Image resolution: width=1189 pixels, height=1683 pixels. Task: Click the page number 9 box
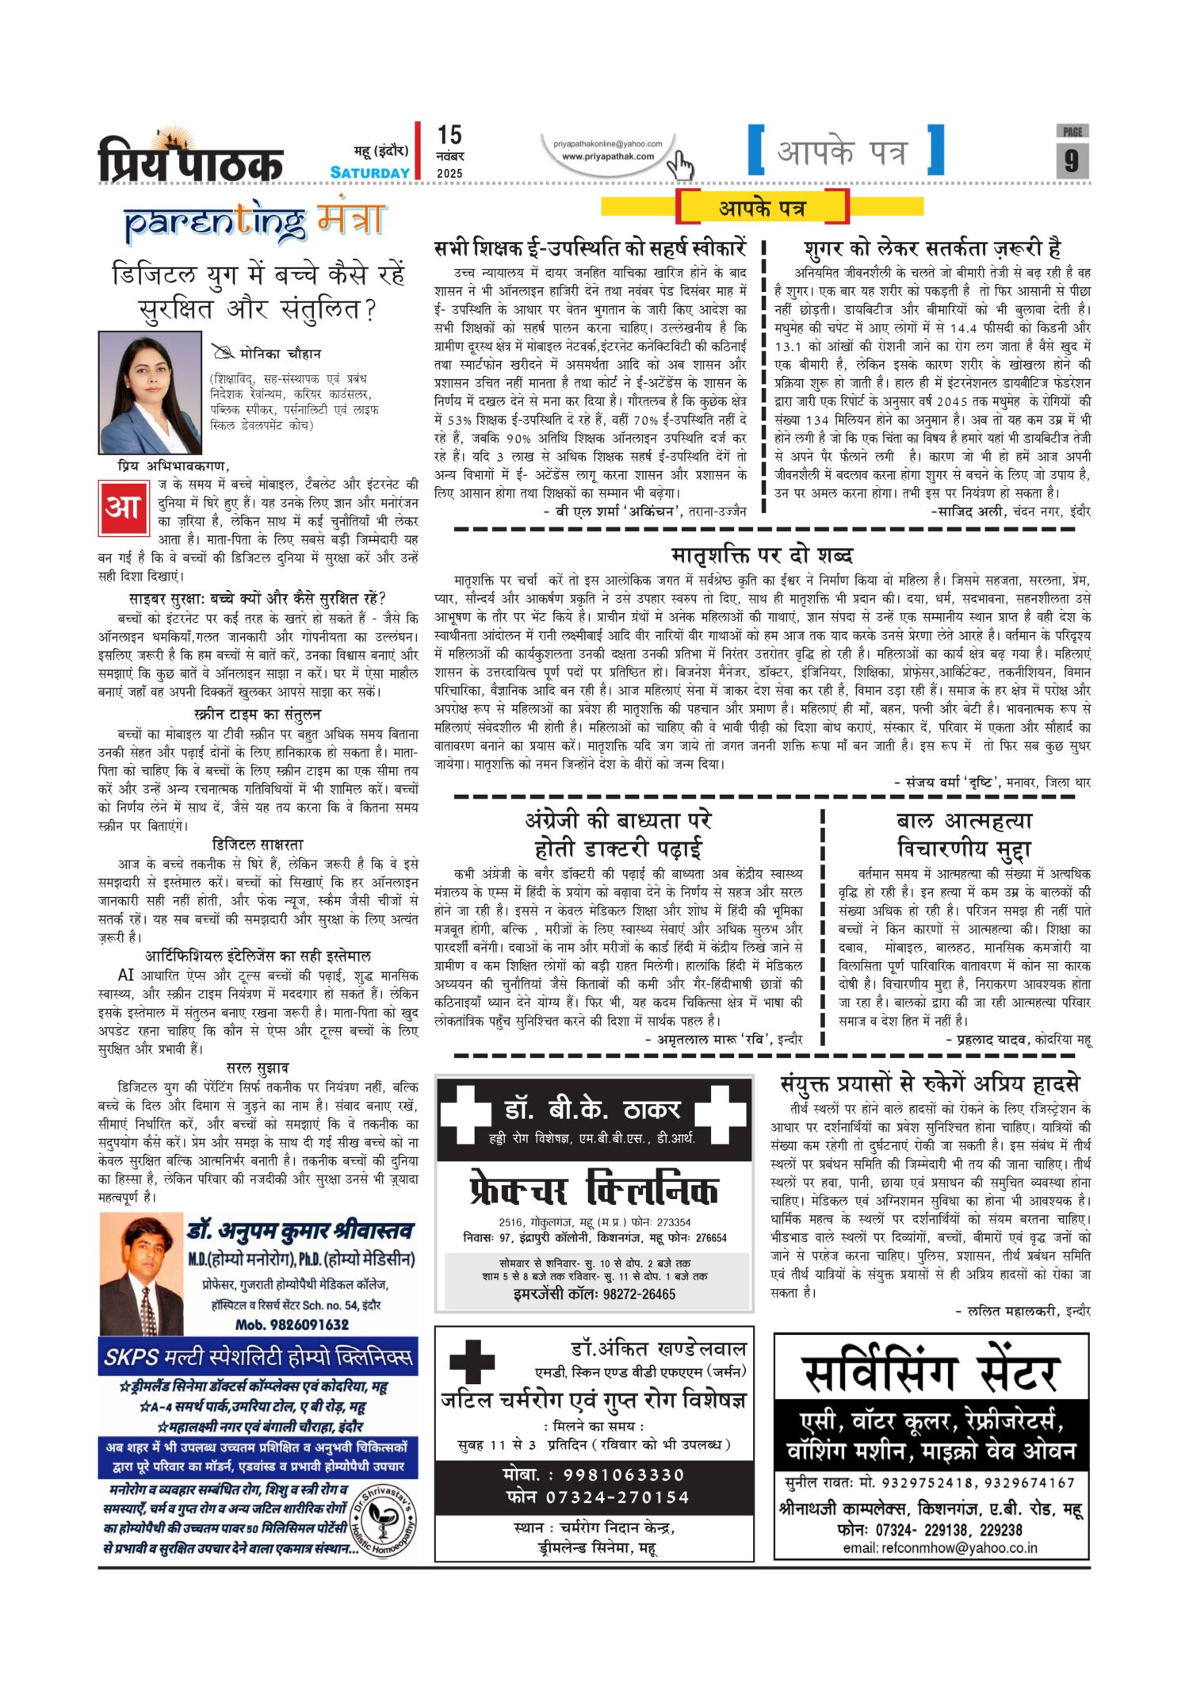pyautogui.click(x=1072, y=160)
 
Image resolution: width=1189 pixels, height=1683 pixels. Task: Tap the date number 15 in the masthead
pyautogui.click(x=449, y=135)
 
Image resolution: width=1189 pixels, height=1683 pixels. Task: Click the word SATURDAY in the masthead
pyautogui.click(x=370, y=173)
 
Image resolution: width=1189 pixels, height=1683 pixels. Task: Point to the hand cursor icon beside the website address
pyautogui.click(x=679, y=166)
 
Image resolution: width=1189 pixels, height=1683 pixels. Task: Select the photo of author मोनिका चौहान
pyautogui.click(x=150, y=393)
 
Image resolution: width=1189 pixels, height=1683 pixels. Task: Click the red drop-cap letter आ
pyautogui.click(x=123, y=507)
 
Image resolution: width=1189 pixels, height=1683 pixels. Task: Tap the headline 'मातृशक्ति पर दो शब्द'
pyautogui.click(x=762, y=554)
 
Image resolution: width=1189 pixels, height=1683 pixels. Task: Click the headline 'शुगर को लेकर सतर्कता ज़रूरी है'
pyautogui.click(x=932, y=248)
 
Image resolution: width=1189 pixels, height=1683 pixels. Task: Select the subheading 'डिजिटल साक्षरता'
pyautogui.click(x=258, y=845)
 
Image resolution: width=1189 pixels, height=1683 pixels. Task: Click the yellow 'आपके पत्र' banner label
pyautogui.click(x=763, y=208)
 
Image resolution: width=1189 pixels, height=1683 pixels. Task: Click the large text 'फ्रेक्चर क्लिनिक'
pyautogui.click(x=594, y=1190)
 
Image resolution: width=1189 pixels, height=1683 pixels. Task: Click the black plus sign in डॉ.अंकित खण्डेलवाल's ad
pyautogui.click(x=472, y=1361)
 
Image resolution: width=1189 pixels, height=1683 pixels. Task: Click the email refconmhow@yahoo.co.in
pyautogui.click(x=939, y=1547)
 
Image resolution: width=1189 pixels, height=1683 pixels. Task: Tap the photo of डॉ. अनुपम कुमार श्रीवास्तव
pyautogui.click(x=142, y=1275)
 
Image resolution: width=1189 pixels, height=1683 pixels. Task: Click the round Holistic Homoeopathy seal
pyautogui.click(x=383, y=1521)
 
